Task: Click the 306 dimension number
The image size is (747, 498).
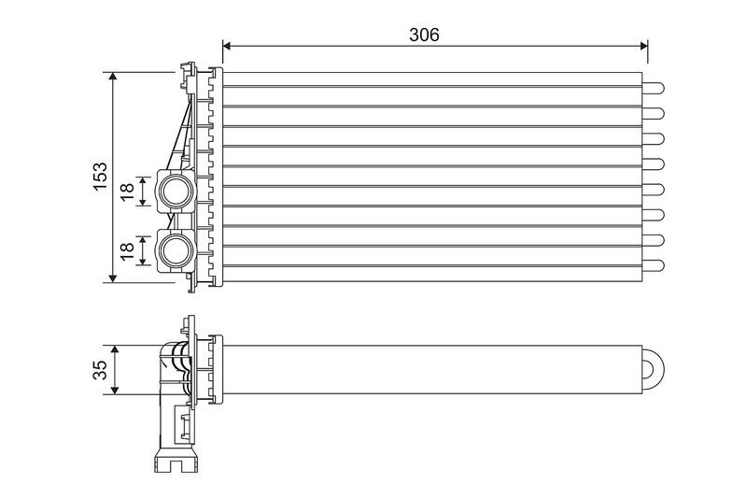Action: click(424, 35)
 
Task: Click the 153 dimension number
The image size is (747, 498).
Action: click(100, 177)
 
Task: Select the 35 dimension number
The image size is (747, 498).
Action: click(100, 370)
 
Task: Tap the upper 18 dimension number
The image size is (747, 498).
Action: click(127, 192)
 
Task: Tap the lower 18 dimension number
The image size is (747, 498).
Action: click(127, 251)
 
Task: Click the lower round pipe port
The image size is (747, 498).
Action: click(175, 250)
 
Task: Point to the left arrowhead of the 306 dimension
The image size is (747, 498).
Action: click(227, 46)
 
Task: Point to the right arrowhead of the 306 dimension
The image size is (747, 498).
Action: click(643, 46)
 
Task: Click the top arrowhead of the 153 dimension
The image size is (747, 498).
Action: click(113, 77)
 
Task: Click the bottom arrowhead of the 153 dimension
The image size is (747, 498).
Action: click(113, 277)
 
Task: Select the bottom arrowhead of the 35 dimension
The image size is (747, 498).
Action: click(114, 390)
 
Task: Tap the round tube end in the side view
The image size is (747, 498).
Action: click(653, 370)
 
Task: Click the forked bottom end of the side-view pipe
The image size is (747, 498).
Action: click(176, 463)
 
